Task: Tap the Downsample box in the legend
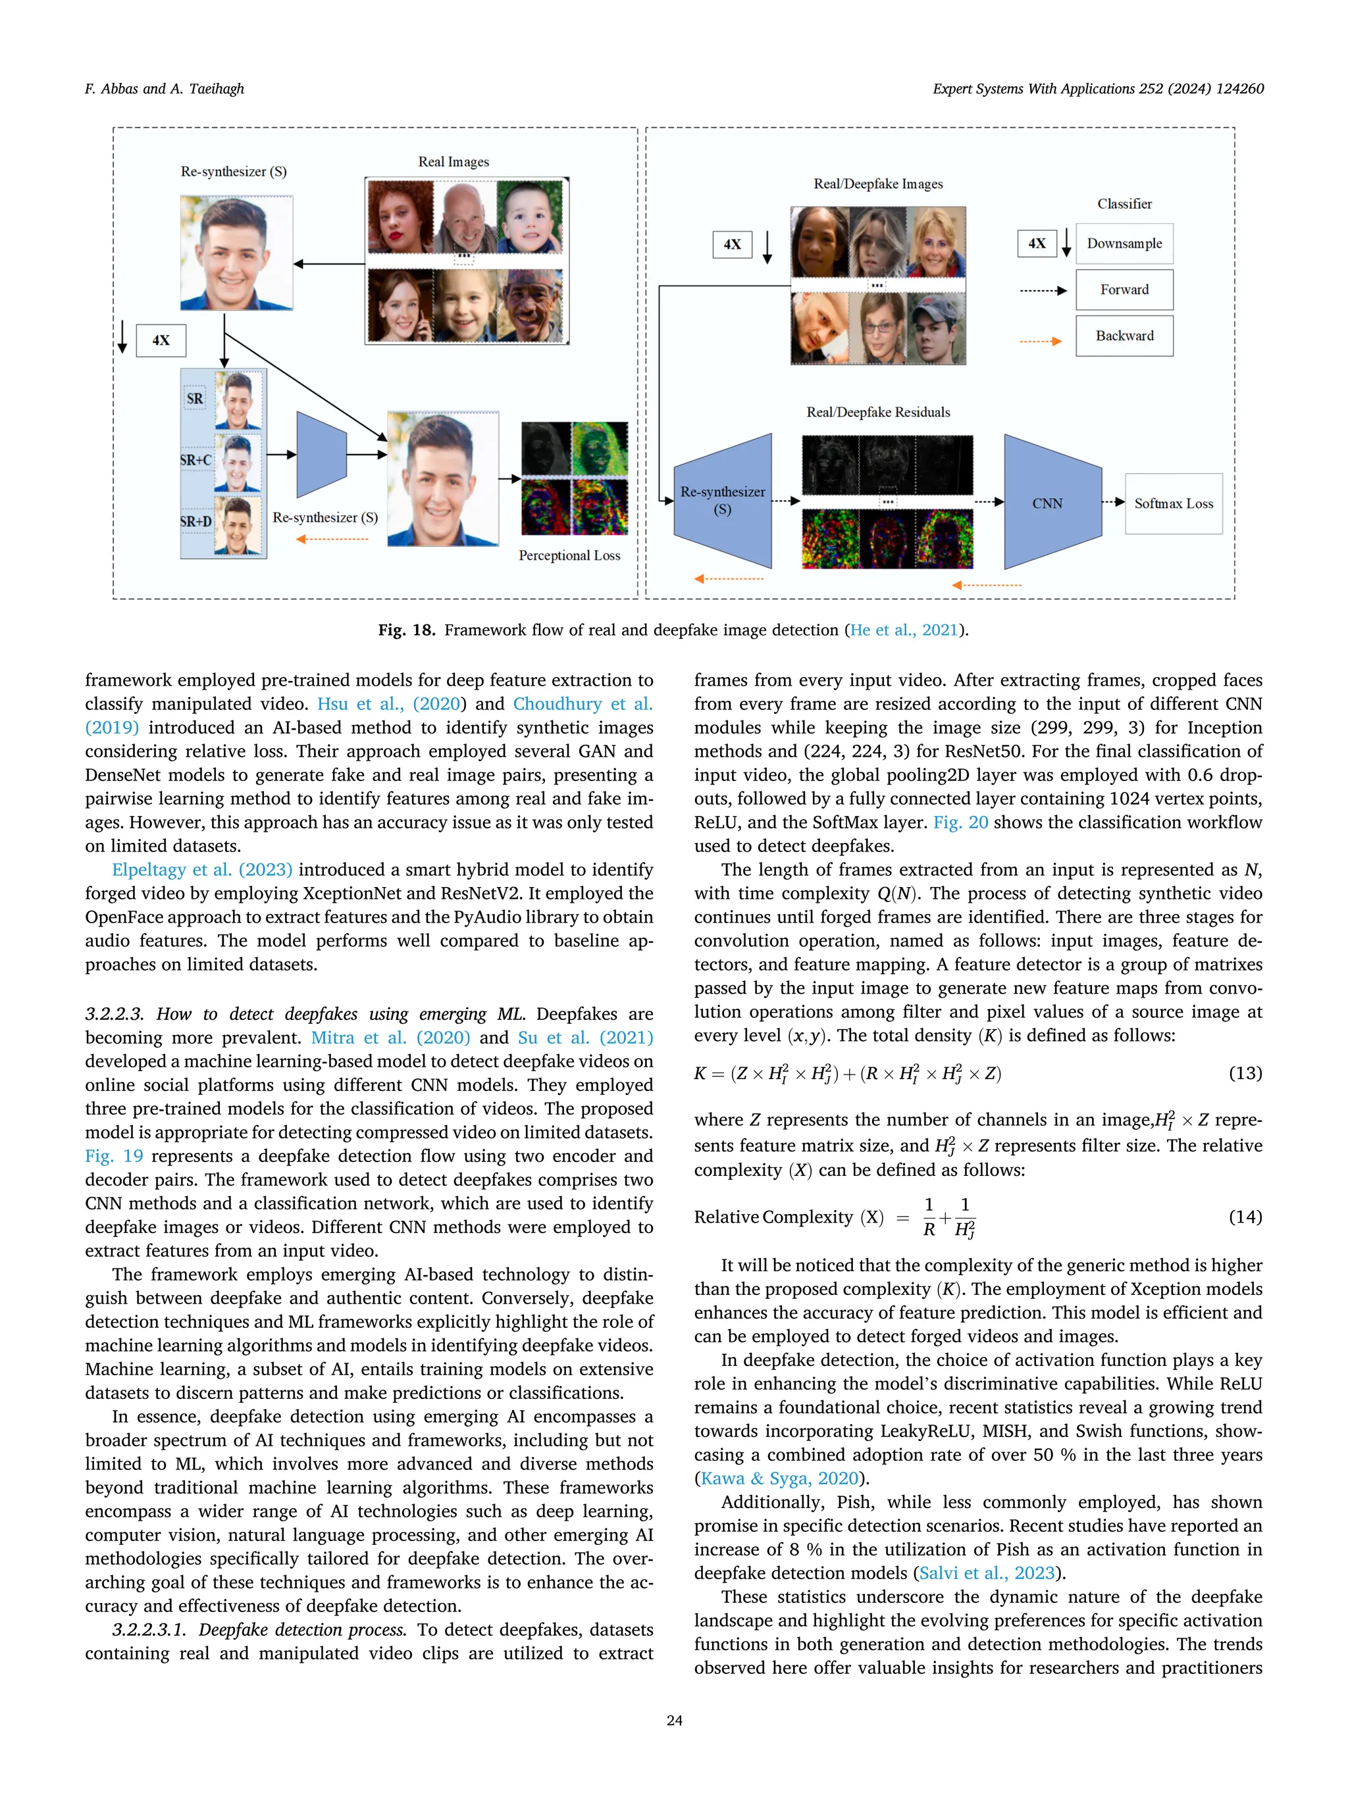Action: coord(1124,243)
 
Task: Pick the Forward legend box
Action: coord(1124,290)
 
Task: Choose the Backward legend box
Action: coord(1124,336)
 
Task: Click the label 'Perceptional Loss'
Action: coord(569,555)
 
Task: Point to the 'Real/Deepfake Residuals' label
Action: coord(877,413)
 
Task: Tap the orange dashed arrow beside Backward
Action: coord(1040,342)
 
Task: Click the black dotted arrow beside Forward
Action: coord(1043,291)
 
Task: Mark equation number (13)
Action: coord(1245,1073)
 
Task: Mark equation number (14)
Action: coord(1245,1216)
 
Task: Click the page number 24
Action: coord(673,1720)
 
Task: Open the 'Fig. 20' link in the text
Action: coord(960,822)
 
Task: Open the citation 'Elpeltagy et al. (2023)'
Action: coord(201,869)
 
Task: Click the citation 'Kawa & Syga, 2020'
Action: coord(779,1478)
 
